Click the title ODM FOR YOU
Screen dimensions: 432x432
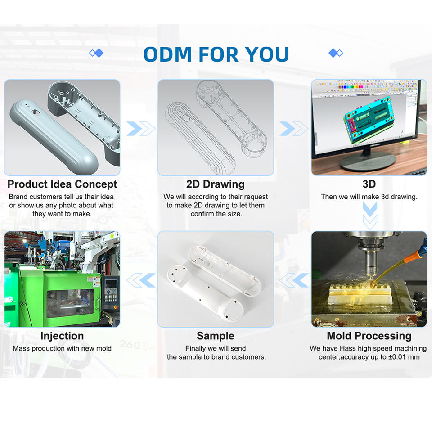(x=216, y=54)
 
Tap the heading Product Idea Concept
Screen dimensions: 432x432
(x=62, y=184)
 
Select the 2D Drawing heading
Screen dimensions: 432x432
(x=216, y=184)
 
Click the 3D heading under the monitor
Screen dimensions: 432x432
(x=369, y=184)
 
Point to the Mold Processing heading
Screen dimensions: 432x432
(x=369, y=336)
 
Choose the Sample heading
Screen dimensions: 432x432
(x=216, y=336)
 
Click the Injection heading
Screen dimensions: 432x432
(x=62, y=336)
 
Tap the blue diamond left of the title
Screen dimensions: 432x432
(x=96, y=53)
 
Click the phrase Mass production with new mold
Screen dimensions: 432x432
(x=62, y=348)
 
